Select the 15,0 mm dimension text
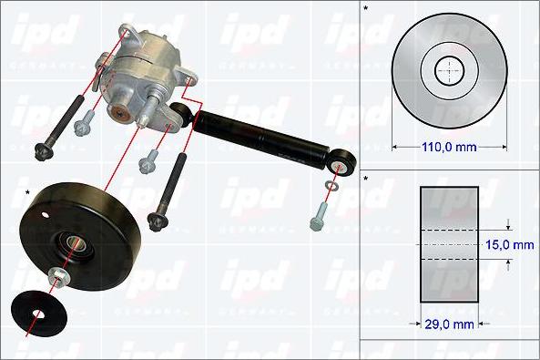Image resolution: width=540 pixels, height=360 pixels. click(510, 245)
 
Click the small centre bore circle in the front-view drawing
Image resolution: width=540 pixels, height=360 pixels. click(449, 70)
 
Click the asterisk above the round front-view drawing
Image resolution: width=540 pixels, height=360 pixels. click(366, 9)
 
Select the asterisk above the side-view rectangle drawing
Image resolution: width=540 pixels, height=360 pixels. click(366, 179)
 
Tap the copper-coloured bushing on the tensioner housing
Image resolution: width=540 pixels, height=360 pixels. click(118, 112)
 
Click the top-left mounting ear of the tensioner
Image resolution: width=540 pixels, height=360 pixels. click(127, 35)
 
